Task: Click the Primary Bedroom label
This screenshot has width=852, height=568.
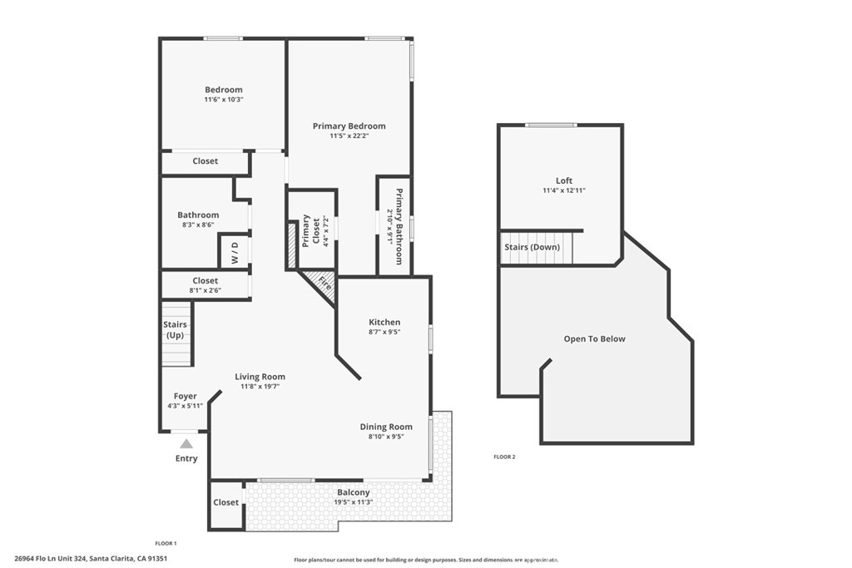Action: point(349,126)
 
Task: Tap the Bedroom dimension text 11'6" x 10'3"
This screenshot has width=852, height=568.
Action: point(224,100)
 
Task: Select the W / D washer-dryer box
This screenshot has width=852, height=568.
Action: point(234,251)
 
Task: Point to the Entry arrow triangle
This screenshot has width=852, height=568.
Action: point(186,444)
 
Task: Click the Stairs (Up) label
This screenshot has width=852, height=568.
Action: point(175,330)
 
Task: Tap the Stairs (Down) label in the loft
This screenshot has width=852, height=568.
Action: point(532,248)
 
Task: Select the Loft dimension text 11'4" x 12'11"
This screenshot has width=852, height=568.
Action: point(563,191)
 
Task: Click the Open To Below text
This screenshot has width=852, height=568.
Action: point(594,339)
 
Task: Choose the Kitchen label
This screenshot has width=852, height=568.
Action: point(384,322)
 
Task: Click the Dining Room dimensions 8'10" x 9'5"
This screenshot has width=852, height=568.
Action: point(386,437)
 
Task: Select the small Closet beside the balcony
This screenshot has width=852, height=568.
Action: point(225,503)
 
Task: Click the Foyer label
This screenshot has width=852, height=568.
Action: point(185,397)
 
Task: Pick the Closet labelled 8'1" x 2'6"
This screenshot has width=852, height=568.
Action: point(205,285)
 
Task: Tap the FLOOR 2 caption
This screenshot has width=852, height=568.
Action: point(504,457)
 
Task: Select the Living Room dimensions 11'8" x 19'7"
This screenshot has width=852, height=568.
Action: point(260,387)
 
